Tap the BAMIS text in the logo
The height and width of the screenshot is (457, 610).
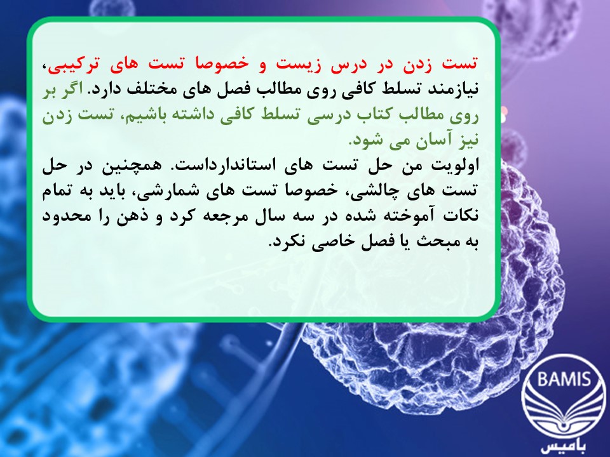564,378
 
